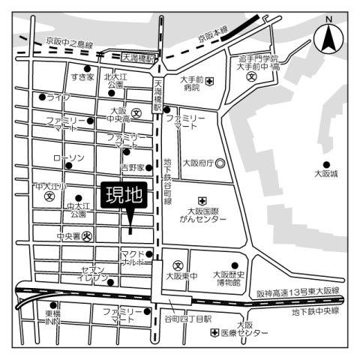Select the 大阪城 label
point(325,174)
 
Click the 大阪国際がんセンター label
point(202,216)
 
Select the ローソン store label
point(68,157)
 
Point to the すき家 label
point(82,76)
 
